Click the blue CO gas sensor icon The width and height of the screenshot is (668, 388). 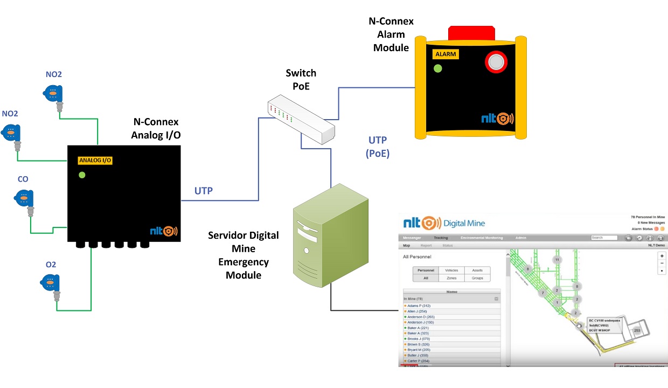point(24,198)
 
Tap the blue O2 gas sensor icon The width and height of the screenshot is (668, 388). point(50,282)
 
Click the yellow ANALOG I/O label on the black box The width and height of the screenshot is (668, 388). point(95,160)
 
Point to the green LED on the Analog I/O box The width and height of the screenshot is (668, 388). point(82,175)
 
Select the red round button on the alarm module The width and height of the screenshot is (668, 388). point(496,62)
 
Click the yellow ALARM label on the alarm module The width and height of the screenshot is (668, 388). point(446,54)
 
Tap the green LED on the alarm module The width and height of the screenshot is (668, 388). point(438,68)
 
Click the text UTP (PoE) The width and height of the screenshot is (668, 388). point(377,147)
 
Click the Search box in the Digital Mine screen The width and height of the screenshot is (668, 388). point(604,238)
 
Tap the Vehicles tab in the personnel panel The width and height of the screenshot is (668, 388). point(451,271)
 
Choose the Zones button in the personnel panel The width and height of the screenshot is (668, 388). point(451,278)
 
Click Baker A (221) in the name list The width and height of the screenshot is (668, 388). point(417,328)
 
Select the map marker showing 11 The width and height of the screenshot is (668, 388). point(557,260)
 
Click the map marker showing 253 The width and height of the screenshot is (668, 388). point(637,330)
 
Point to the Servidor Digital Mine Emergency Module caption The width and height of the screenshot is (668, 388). point(243,255)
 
